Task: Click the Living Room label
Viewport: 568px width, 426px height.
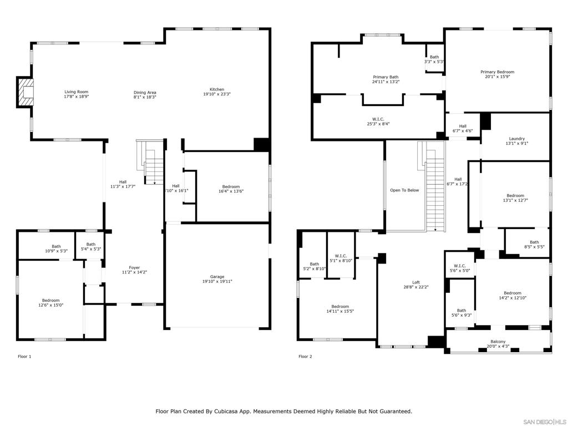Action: (76, 92)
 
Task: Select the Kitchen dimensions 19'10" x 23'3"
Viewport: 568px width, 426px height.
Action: (216, 95)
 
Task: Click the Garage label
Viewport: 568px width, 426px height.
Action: (217, 277)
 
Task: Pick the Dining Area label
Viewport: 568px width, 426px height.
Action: (145, 93)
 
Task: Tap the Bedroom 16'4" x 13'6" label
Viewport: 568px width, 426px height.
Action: (231, 186)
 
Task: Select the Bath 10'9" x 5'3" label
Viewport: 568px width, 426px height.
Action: (56, 246)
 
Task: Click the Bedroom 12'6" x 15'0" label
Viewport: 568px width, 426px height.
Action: (50, 301)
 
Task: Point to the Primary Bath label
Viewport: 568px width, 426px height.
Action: (386, 77)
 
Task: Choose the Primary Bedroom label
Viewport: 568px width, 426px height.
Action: (497, 72)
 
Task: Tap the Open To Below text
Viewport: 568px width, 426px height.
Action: (404, 190)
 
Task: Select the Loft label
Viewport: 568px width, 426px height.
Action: (416, 282)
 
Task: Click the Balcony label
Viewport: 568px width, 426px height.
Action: (498, 342)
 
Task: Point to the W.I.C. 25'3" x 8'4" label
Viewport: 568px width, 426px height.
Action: (378, 119)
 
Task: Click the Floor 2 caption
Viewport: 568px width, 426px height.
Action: (305, 357)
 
